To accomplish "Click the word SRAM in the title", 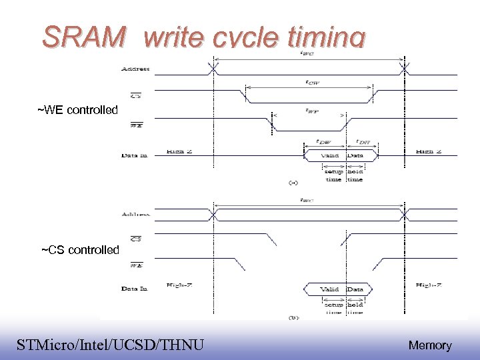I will (83, 38).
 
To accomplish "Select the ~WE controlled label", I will (77, 110).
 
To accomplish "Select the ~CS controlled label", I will (80, 250).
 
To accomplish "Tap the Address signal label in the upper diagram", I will (135, 69).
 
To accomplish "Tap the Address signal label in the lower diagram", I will (135, 215).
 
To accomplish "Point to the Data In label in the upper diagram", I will (134, 155).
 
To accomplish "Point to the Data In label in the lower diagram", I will (134, 289).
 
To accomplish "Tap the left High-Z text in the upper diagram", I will (180, 153).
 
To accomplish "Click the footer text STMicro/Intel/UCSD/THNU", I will (110, 344).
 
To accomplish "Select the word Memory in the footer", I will (430, 345).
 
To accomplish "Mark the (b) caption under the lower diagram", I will (293, 317).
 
